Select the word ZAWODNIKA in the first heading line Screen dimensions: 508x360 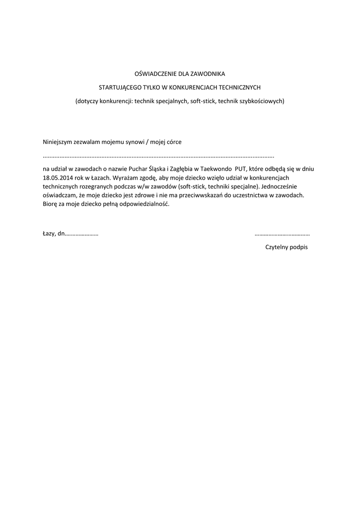coord(209,74)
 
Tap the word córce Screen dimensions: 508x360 coord(174,141)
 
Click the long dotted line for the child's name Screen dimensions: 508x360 coord(158,156)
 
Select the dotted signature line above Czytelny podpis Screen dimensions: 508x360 coord(282,234)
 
